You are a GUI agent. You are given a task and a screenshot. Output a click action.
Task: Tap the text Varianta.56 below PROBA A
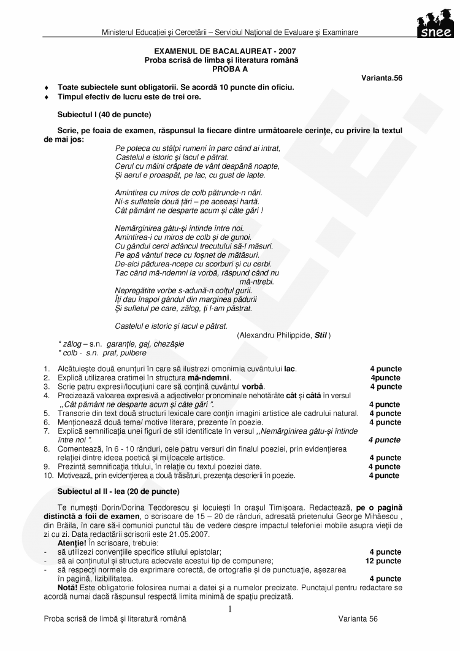(381, 78)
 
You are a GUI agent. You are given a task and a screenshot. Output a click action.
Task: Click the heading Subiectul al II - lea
(118, 491)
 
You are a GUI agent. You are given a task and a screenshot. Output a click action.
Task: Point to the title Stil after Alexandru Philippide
(321, 335)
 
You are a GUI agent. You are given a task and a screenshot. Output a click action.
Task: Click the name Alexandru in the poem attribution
(256, 335)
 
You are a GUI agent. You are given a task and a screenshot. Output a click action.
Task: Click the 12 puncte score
(383, 561)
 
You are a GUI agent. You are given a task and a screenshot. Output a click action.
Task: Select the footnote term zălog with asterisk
(70, 344)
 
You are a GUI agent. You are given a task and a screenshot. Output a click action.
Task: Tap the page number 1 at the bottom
(229, 609)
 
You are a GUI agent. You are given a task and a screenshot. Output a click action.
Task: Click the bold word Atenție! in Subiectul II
(72, 543)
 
